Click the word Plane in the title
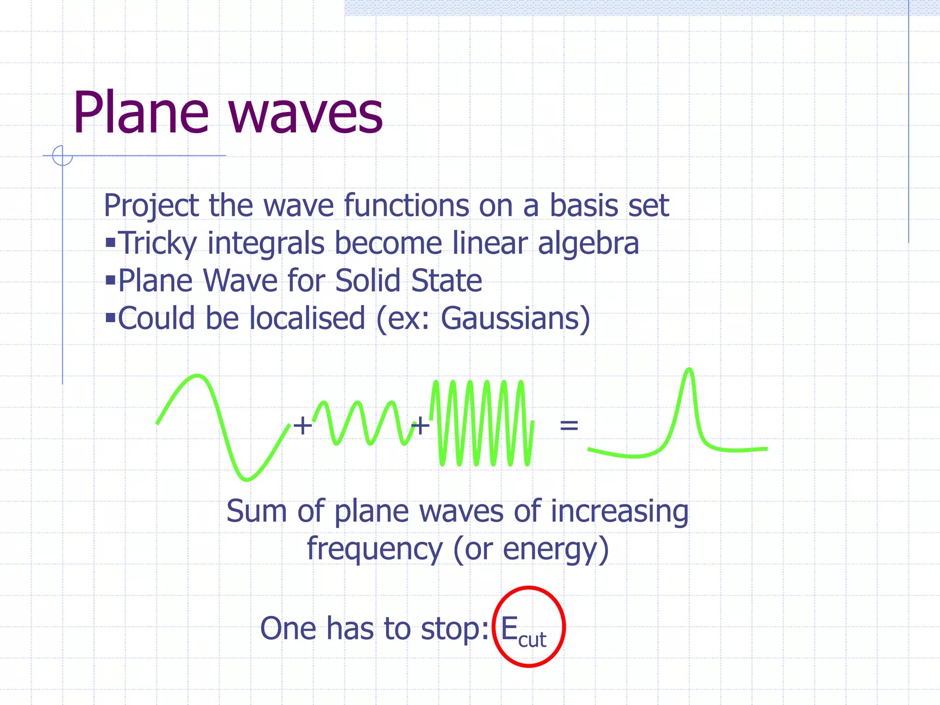pyautogui.click(x=140, y=112)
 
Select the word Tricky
pyautogui.click(x=157, y=243)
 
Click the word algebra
pyautogui.click(x=588, y=243)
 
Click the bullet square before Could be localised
pyautogui.click(x=110, y=317)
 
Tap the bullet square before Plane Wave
pyautogui.click(x=110, y=280)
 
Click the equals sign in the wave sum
pyautogui.click(x=569, y=425)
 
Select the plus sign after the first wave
pyautogui.click(x=302, y=425)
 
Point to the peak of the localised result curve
pyautogui.click(x=689, y=370)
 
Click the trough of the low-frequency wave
pyautogui.click(x=246, y=479)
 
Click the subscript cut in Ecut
pyautogui.click(x=532, y=640)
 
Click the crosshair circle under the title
pyautogui.click(x=62, y=156)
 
